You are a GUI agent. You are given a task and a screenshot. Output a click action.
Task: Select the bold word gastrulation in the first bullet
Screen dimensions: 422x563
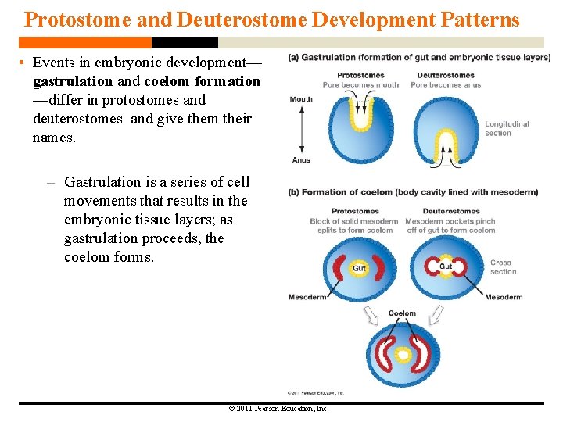click(x=73, y=81)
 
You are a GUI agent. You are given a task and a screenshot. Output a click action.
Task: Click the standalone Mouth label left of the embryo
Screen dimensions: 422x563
click(x=301, y=99)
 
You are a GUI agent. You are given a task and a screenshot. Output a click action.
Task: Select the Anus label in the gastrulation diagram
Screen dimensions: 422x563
click(x=301, y=160)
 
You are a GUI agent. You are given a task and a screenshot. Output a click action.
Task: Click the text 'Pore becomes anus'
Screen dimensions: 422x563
click(x=446, y=84)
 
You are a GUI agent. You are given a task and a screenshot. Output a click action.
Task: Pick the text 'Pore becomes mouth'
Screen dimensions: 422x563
click(x=360, y=84)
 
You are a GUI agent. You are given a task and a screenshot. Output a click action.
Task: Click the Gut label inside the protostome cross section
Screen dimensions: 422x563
click(x=359, y=268)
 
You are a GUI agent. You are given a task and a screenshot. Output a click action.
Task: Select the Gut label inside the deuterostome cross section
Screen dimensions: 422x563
click(x=446, y=266)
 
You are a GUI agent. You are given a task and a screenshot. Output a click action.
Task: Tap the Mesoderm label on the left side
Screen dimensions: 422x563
click(x=307, y=297)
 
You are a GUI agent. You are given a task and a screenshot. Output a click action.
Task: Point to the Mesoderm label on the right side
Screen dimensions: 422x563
click(x=504, y=297)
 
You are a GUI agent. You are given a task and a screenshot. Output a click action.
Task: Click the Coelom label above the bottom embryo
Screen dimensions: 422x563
click(x=403, y=313)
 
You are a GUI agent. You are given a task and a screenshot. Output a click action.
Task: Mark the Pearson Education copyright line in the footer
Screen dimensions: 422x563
click(x=278, y=409)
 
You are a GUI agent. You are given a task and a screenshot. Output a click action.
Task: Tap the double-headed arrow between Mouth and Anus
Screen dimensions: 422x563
click(x=301, y=130)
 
